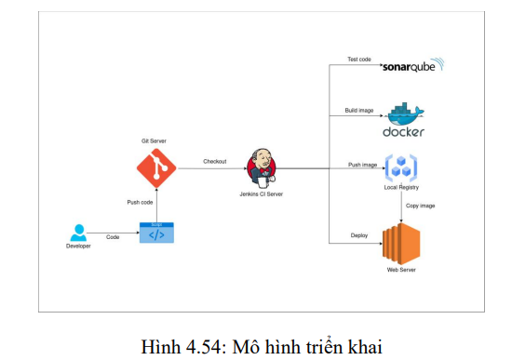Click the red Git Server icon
pos(156,168)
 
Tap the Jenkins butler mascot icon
pos(262,168)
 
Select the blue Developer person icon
pos(78,233)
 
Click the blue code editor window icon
pos(155,233)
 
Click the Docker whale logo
pos(403,118)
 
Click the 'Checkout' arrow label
pos(215,162)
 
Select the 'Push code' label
pos(141,202)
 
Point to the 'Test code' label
pos(359,60)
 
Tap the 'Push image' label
pos(363,165)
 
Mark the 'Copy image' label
pos(420,206)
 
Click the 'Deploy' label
pos(359,235)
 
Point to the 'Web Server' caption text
pos(401,270)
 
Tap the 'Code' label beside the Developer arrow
pos(112,237)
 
